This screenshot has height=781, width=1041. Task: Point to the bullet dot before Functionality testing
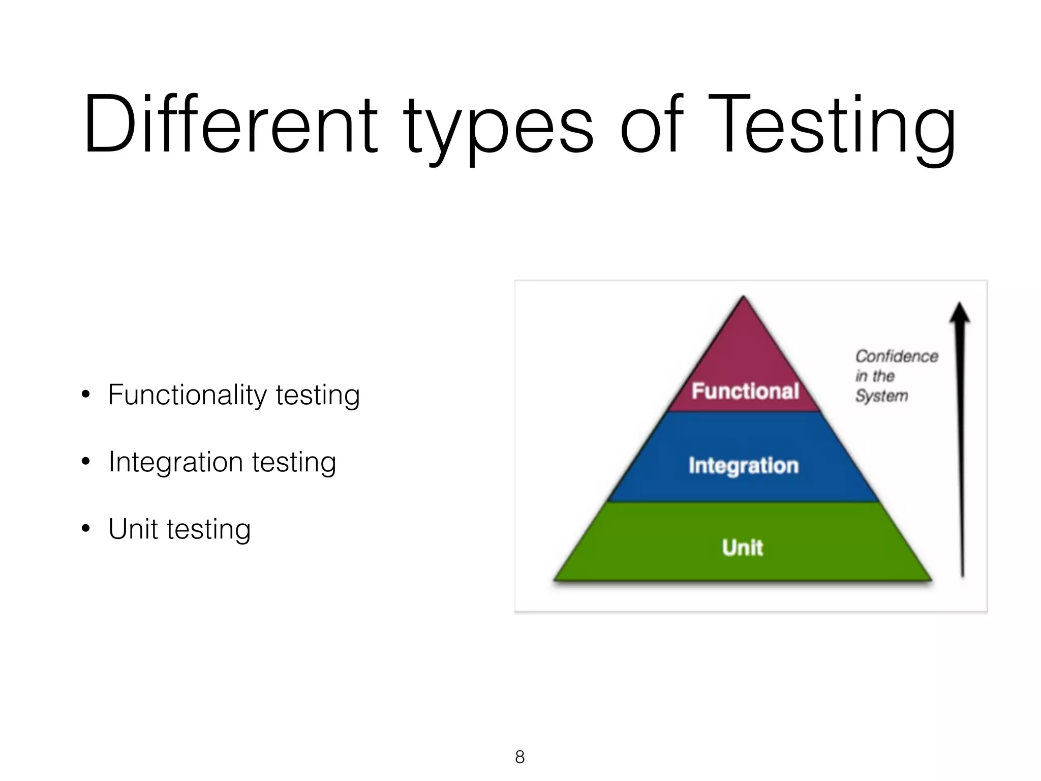[85, 395]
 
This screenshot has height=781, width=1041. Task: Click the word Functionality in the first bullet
[187, 396]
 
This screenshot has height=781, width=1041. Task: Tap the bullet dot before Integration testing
[85, 462]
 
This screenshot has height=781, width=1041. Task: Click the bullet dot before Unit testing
[85, 529]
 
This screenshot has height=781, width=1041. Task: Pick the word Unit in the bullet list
[133, 529]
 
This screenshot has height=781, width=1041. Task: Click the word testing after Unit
[208, 530]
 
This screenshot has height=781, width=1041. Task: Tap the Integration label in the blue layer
[744, 466]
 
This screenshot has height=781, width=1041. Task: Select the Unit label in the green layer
[743, 548]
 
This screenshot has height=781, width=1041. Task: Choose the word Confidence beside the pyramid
[897, 356]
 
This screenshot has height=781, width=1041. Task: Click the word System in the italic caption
[881, 396]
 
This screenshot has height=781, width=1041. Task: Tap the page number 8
[519, 757]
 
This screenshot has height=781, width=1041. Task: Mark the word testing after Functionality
[318, 396]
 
